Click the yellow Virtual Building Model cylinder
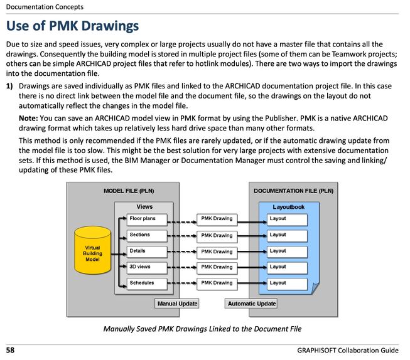(92, 250)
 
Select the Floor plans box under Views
(147, 220)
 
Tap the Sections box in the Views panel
(147, 236)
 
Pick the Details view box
(147, 252)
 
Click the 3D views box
(147, 268)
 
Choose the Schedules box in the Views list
(147, 284)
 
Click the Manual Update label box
(177, 304)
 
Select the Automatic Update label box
(251, 304)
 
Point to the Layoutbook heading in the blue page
(289, 207)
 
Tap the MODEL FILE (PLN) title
(129, 191)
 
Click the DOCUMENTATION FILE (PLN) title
(293, 191)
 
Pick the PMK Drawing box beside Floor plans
(217, 220)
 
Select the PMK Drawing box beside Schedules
(217, 284)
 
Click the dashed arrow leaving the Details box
(182, 252)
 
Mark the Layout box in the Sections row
(287, 236)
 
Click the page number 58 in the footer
(10, 350)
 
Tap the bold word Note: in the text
(28, 119)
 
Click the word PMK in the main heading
(63, 26)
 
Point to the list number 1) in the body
(9, 86)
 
